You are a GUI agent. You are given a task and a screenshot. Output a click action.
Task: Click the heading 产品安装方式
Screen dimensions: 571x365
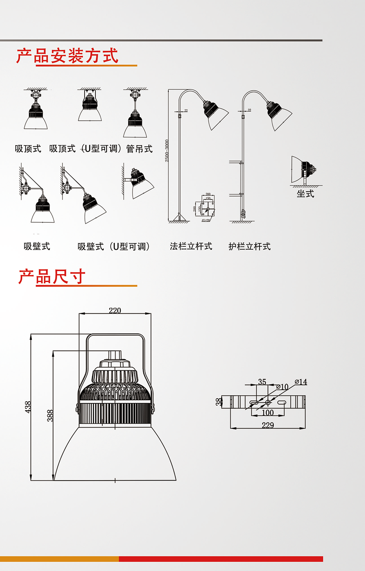click(67, 56)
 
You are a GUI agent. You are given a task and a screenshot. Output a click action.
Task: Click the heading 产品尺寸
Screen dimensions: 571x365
click(52, 277)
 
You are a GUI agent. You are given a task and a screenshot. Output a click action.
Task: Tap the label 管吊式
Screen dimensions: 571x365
click(139, 149)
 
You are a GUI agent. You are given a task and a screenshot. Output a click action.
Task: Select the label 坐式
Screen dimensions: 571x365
click(305, 194)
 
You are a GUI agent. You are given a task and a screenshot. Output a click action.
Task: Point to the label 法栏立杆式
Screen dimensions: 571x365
click(191, 246)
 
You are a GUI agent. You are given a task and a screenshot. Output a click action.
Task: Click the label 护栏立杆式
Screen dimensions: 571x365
click(250, 246)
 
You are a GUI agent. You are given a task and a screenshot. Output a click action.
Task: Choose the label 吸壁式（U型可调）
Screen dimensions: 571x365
click(114, 246)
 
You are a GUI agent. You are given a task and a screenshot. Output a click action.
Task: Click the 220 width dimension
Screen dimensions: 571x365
click(115, 310)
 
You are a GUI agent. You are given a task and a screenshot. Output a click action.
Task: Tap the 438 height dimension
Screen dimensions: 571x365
click(28, 406)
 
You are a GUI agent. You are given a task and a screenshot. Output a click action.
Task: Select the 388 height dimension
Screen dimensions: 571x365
click(50, 415)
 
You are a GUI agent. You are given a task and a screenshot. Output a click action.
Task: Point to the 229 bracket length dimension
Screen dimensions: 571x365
click(268, 425)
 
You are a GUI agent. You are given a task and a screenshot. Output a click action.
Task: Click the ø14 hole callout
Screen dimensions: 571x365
click(301, 382)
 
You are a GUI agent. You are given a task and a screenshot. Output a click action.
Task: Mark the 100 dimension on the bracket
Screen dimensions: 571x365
click(267, 412)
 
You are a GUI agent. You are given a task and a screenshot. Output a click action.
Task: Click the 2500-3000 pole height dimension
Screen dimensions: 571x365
click(167, 151)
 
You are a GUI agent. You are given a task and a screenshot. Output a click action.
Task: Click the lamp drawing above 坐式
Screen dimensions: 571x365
click(303, 170)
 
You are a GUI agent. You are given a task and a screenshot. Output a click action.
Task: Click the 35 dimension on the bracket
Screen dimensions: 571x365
click(262, 382)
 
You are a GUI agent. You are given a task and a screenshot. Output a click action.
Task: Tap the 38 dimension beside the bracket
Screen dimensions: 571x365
click(219, 402)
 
